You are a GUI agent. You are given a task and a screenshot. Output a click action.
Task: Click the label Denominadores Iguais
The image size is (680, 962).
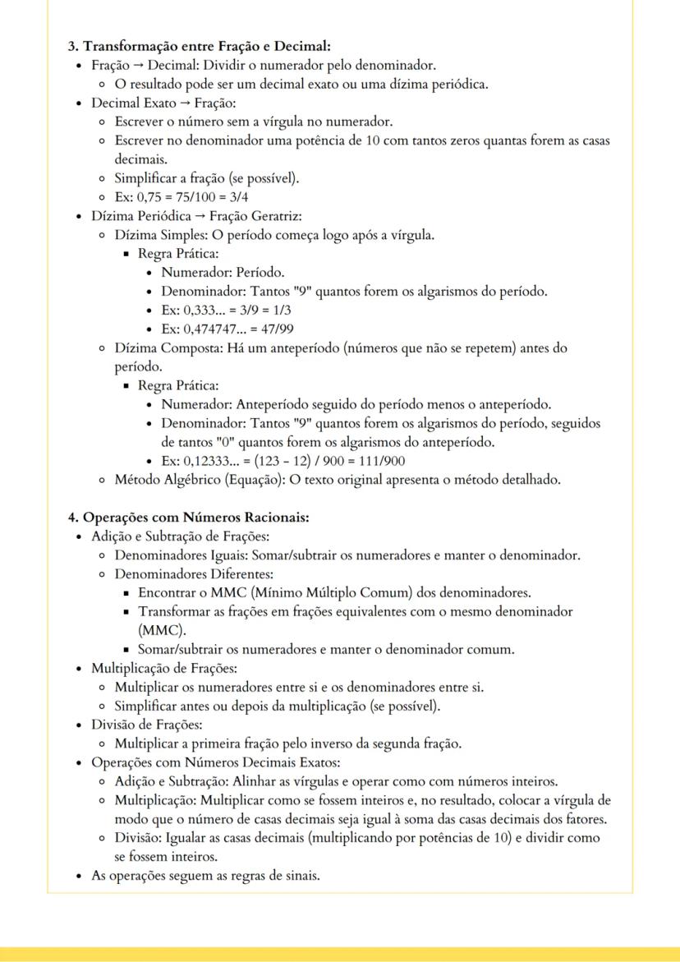pos(172,555)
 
